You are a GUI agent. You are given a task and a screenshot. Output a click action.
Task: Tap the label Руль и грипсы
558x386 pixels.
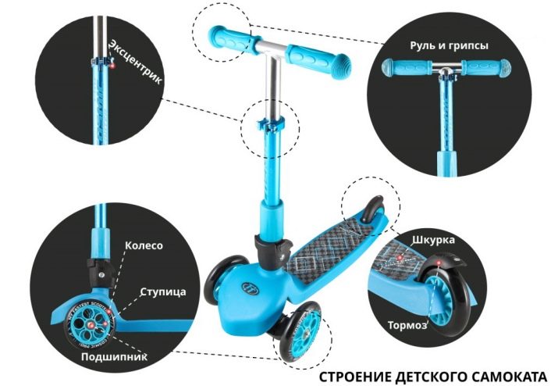click(x=449, y=46)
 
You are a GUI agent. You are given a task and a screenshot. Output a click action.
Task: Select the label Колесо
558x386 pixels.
click(x=144, y=245)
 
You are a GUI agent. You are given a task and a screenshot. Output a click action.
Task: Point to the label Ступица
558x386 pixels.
click(x=163, y=292)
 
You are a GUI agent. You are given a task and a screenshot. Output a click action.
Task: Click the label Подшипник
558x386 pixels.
click(x=114, y=356)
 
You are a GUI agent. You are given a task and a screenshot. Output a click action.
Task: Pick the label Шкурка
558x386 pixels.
click(x=433, y=240)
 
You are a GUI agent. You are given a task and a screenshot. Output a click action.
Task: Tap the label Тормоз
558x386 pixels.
click(x=407, y=325)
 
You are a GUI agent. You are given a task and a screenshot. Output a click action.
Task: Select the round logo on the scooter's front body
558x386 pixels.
click(x=250, y=287)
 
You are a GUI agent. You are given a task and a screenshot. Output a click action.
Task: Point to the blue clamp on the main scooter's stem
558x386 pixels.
click(x=271, y=125)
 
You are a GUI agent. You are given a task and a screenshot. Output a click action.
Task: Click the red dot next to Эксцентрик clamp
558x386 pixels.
click(x=112, y=66)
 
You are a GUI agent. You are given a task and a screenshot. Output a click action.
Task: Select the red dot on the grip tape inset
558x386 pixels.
click(x=400, y=257)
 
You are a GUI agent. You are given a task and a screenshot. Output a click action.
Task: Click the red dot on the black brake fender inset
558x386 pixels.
click(x=439, y=263)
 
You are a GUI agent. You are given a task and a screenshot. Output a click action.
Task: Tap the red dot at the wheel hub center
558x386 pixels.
click(x=91, y=325)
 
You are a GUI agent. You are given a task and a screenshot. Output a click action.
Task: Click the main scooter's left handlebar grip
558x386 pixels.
click(x=231, y=38)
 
